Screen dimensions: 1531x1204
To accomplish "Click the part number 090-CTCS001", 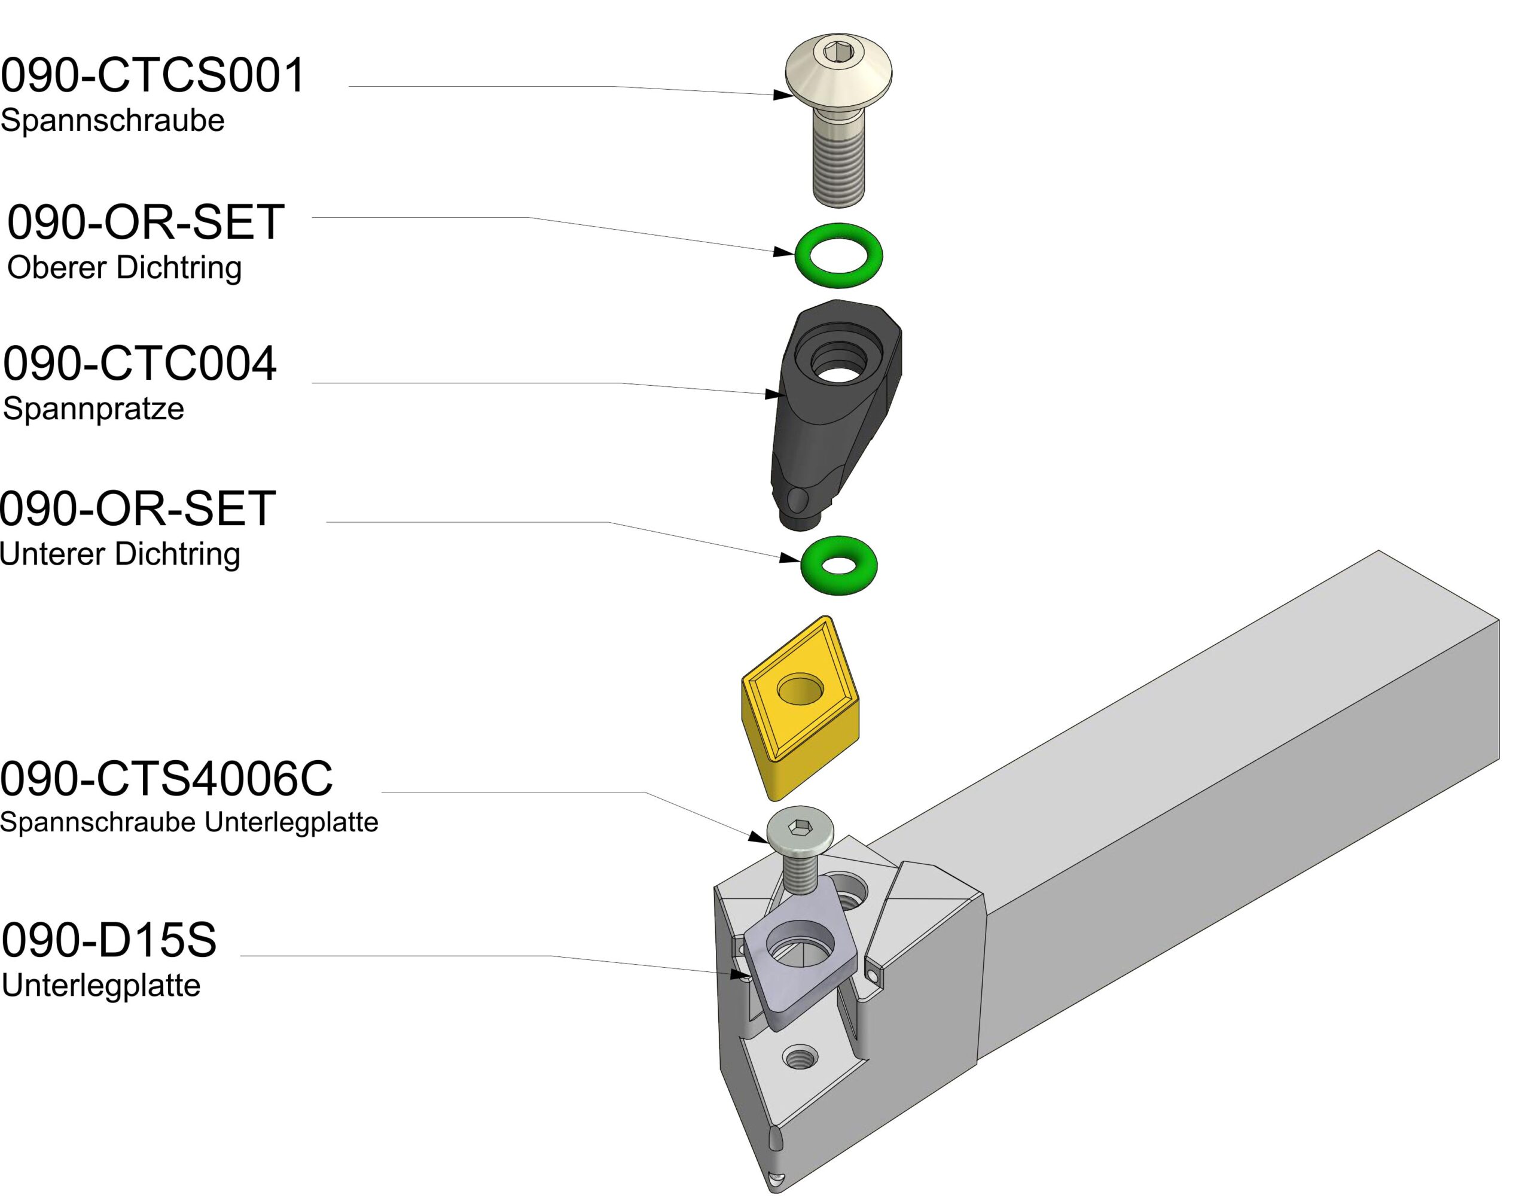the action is point(153,75).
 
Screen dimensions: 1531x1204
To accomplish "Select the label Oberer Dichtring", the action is point(124,268).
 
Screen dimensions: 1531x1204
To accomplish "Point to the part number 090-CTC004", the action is point(139,364).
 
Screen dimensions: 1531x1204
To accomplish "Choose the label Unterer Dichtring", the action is point(120,554).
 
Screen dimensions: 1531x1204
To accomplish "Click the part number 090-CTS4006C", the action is point(166,779).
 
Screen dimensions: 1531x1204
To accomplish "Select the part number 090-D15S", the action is point(109,940).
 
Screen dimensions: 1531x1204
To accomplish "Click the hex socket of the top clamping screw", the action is point(837,51).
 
